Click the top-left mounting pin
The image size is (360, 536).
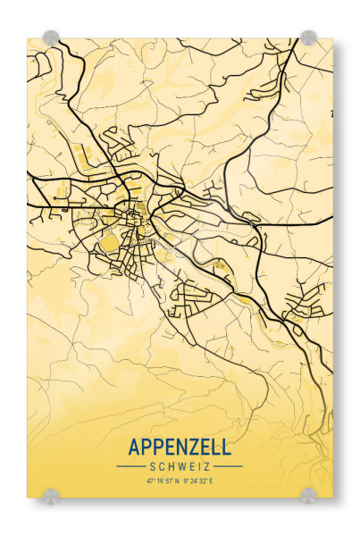point(51,38)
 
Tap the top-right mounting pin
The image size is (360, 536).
point(308,38)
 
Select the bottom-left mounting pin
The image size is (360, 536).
point(51,495)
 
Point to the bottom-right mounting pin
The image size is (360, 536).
point(308,495)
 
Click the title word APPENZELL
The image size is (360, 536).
point(180,447)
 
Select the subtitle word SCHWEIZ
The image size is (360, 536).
point(180,466)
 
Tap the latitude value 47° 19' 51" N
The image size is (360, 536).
point(163,481)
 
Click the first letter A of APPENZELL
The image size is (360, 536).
point(135,447)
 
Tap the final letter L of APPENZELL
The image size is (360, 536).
point(225,447)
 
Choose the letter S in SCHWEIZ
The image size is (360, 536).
point(153,466)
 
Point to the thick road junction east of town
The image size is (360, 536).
point(258,234)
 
